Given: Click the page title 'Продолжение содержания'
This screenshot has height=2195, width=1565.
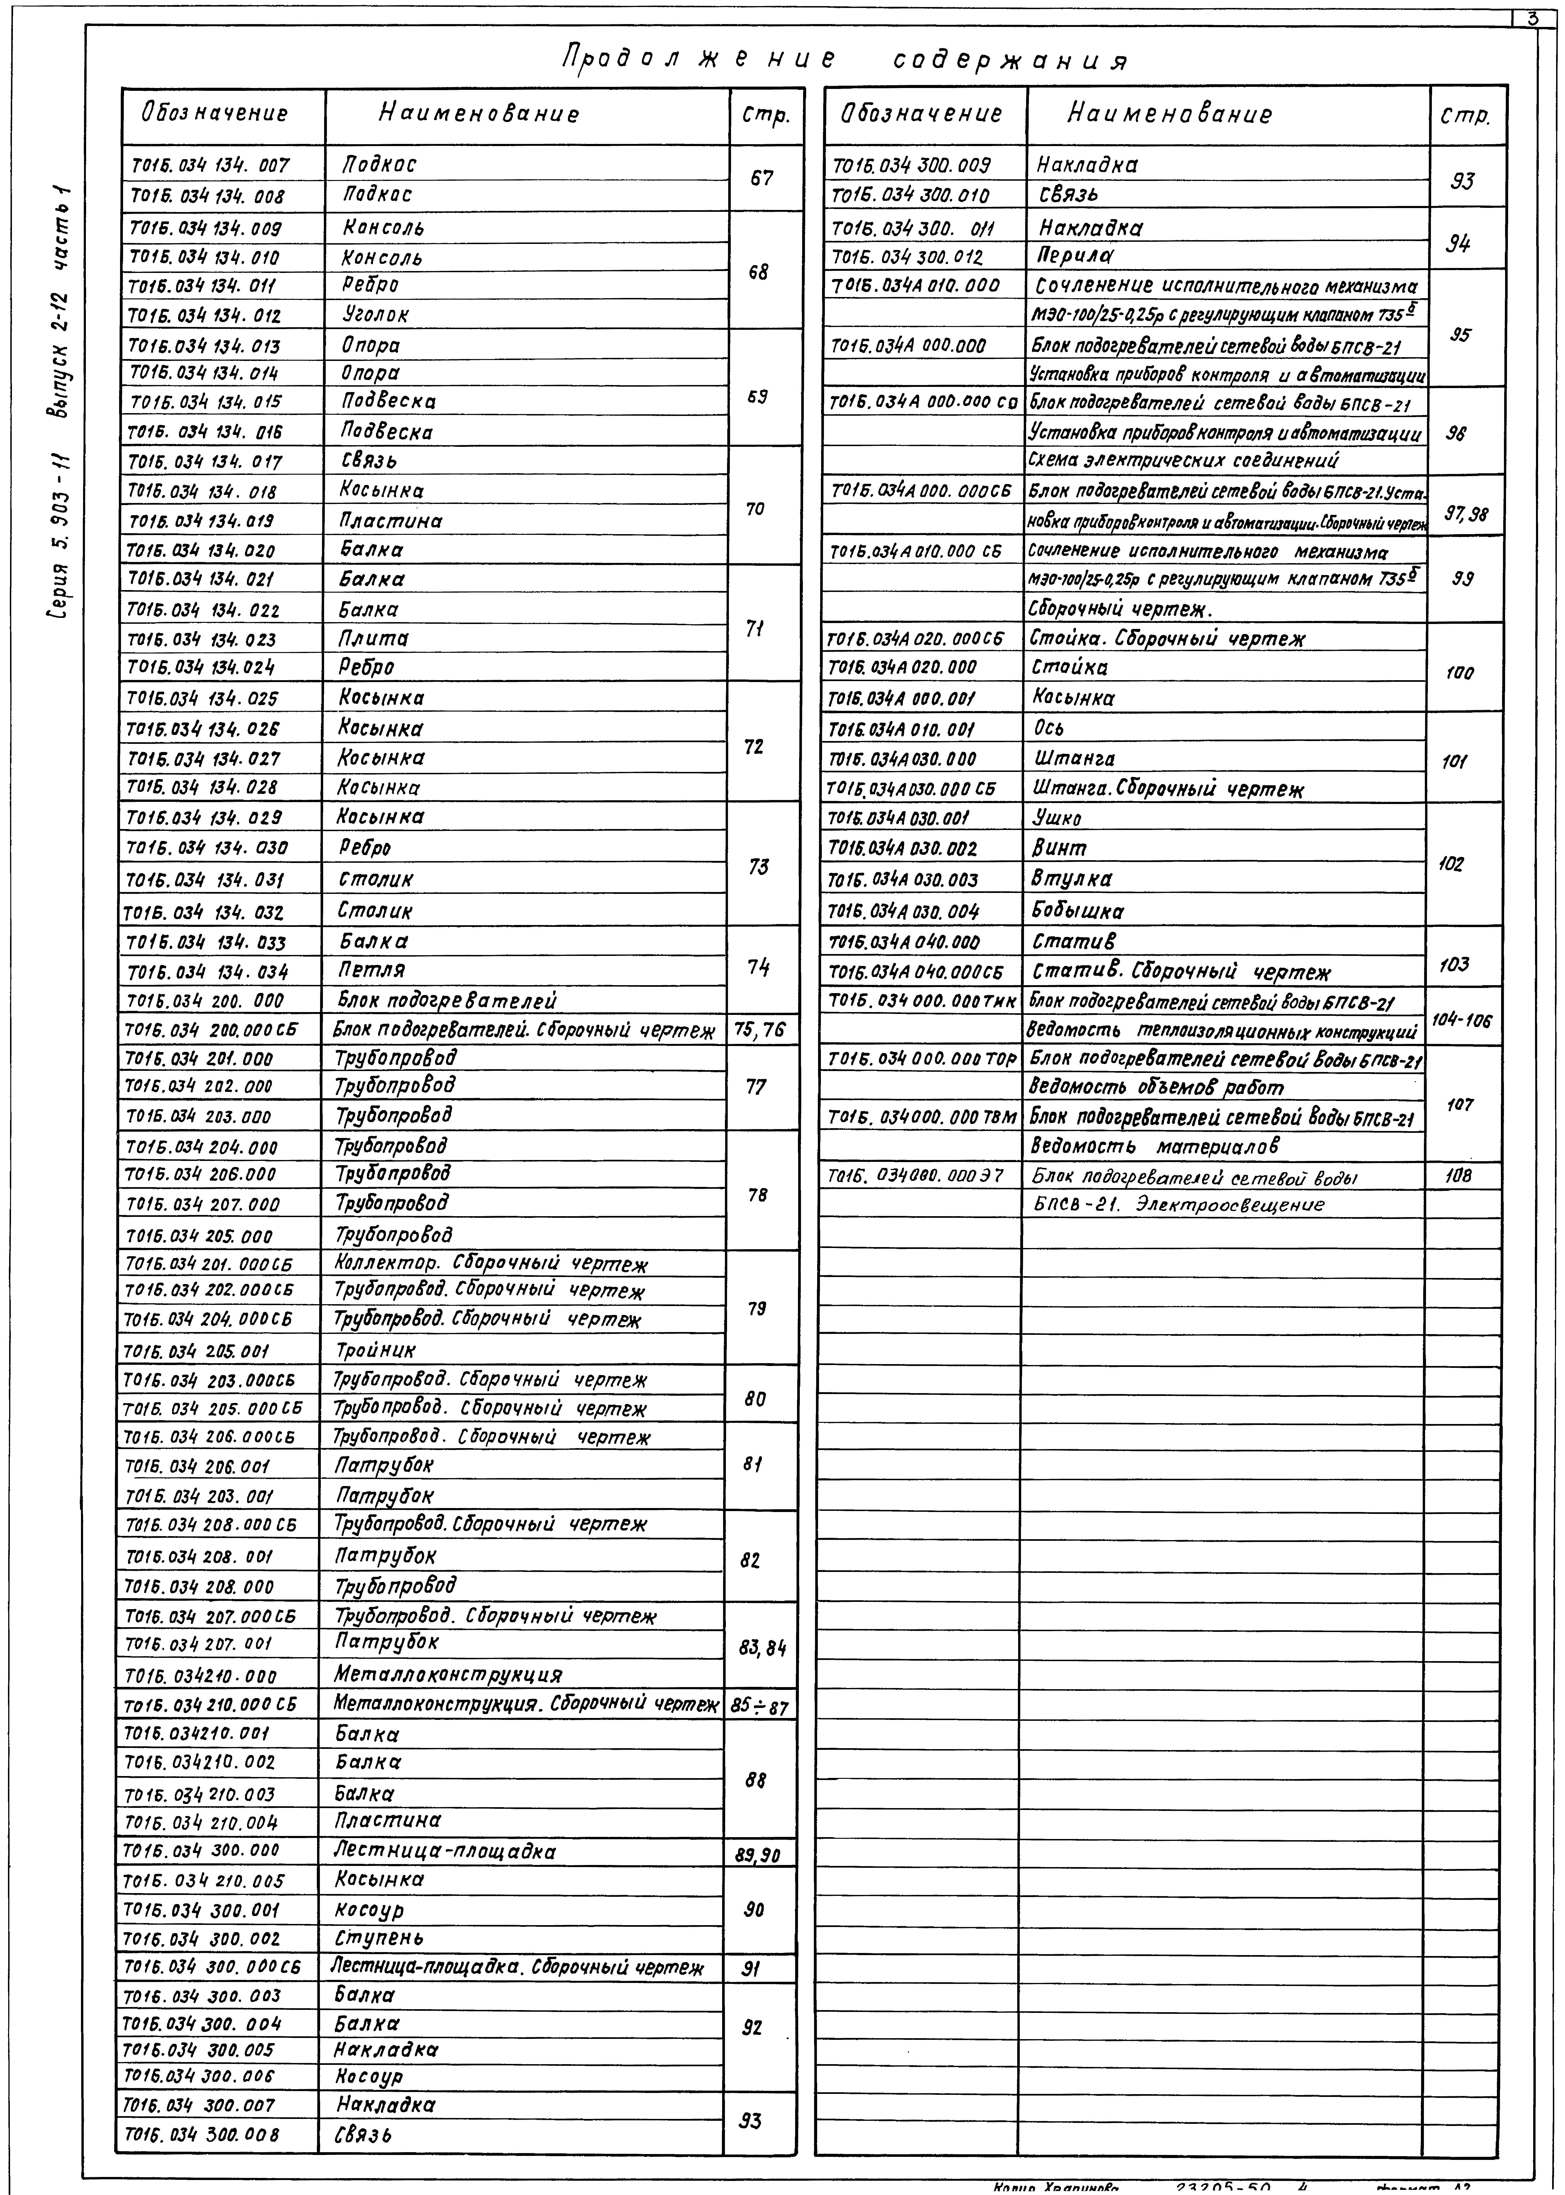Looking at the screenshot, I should coord(844,60).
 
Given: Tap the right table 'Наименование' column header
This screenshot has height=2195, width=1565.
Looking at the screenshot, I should coord(1169,115).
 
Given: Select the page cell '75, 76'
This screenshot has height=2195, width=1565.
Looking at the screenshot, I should coord(760,1031).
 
